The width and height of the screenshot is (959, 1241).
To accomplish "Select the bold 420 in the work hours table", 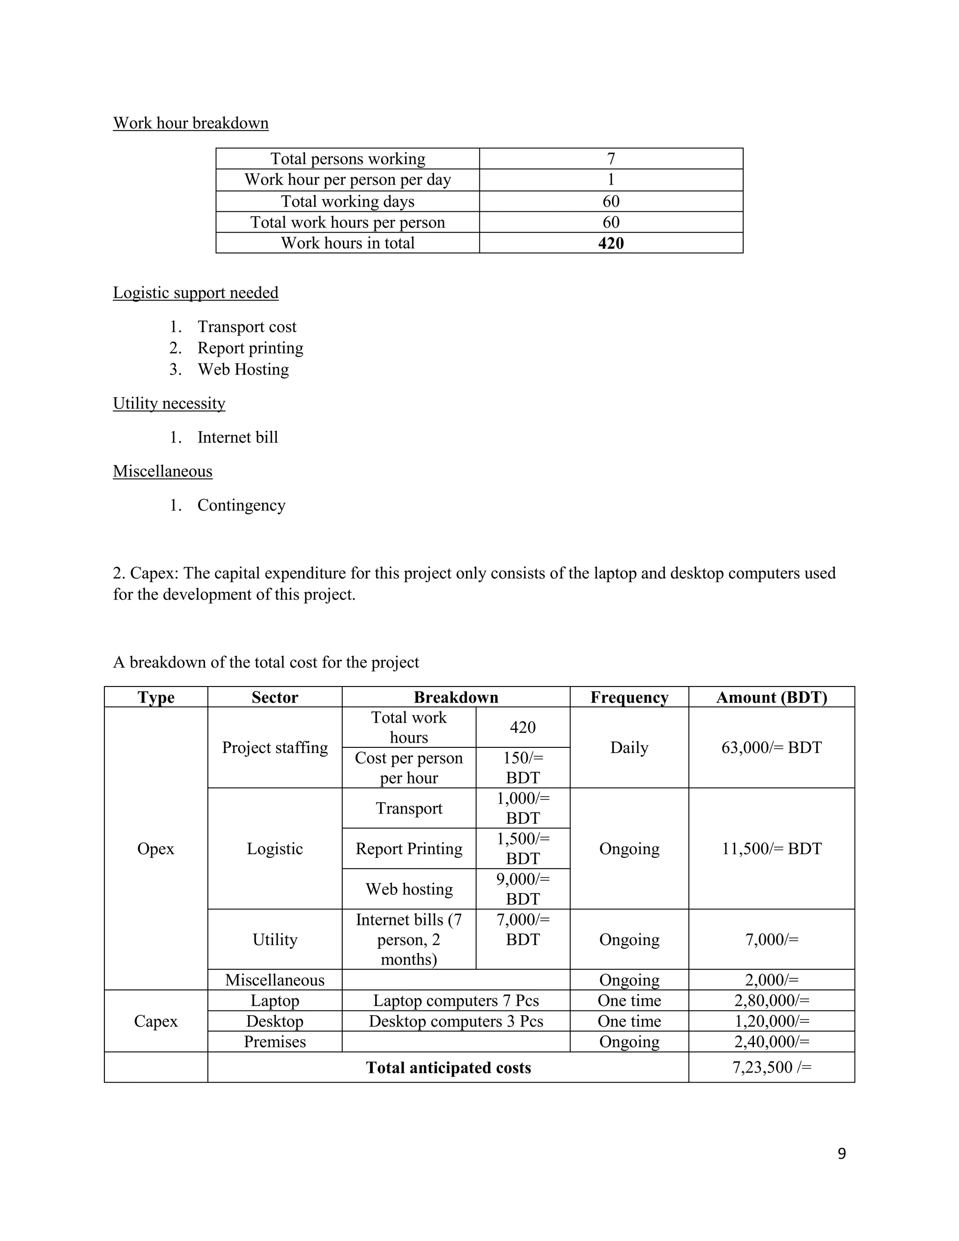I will coord(611,243).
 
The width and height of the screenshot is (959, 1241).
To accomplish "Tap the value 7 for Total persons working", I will coord(611,159).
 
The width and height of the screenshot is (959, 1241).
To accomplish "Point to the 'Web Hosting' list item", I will coord(243,369).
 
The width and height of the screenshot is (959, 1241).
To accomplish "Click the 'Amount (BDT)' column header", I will coord(771,697).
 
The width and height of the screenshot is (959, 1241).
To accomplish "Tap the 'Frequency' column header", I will coord(629,697).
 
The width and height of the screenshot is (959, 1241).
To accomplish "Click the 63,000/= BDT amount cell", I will coord(771,747).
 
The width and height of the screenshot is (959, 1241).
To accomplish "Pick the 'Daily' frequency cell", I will coord(629,747).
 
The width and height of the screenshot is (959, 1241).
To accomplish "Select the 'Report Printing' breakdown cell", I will coord(408,849).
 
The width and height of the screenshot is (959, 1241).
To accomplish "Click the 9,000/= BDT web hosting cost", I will coord(523,889).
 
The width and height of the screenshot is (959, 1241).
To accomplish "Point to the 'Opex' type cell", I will coord(155,849).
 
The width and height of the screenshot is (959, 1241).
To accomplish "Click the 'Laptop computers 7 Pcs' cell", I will coord(456,1000).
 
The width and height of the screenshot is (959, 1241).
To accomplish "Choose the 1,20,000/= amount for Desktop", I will coord(771,1021).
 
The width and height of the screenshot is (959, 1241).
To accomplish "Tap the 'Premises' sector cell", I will coord(274,1042).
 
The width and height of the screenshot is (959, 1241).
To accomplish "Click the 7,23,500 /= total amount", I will coord(771,1067).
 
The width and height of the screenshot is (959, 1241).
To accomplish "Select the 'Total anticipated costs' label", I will coord(448,1068).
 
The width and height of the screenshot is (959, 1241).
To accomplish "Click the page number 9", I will coord(841,1153).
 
